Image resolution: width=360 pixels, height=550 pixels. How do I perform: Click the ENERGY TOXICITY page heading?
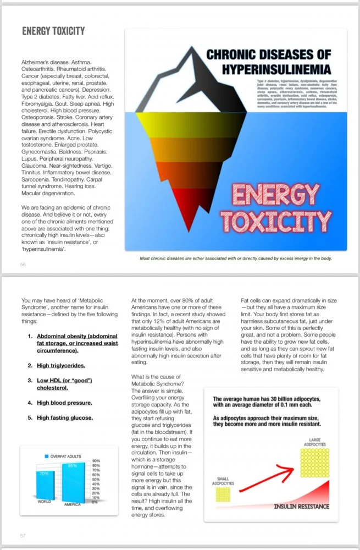click(x=53, y=31)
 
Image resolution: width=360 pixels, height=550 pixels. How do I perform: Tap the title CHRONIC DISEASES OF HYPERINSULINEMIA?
click(x=268, y=62)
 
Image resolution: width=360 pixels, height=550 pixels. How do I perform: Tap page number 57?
click(x=23, y=535)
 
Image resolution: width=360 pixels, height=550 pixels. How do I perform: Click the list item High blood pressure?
click(x=64, y=403)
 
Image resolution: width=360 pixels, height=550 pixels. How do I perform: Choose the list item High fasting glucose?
click(x=64, y=418)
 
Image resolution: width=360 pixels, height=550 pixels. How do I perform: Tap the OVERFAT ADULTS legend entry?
click(x=65, y=457)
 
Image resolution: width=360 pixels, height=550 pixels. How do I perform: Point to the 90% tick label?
click(x=96, y=460)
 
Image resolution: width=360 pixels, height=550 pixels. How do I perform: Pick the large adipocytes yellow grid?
click(x=315, y=461)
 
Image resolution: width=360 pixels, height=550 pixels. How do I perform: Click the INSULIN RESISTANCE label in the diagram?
click(x=301, y=506)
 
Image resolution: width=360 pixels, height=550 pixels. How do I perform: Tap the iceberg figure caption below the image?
click(x=236, y=258)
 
